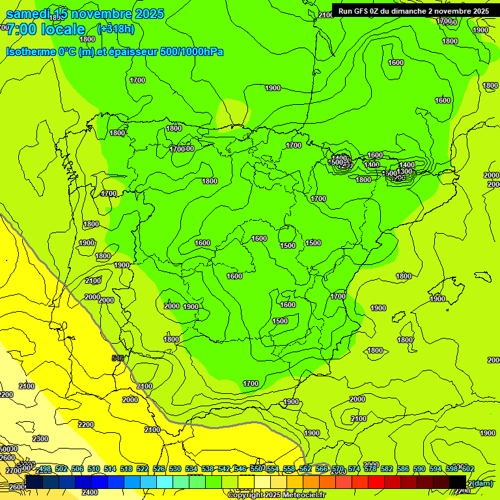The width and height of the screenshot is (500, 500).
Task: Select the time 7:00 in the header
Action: tap(20, 29)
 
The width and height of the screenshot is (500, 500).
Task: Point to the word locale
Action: tap(63, 29)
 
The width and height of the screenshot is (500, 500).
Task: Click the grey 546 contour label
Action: tap(118, 358)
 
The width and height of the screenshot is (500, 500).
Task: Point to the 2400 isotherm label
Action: tap(90, 492)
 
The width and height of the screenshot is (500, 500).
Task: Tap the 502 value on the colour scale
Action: tap(61, 469)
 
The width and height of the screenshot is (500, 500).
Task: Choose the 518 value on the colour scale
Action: tap(126, 469)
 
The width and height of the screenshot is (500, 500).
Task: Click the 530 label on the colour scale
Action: tap(175, 469)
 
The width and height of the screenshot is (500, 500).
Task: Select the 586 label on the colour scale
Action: tap(403, 469)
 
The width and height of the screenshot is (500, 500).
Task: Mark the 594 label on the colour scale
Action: tap(436, 469)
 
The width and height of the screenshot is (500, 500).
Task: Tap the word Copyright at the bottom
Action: tap(247, 495)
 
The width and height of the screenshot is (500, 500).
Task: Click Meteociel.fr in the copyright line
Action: tap(305, 495)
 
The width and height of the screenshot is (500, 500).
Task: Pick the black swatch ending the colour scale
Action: tap(457, 482)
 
